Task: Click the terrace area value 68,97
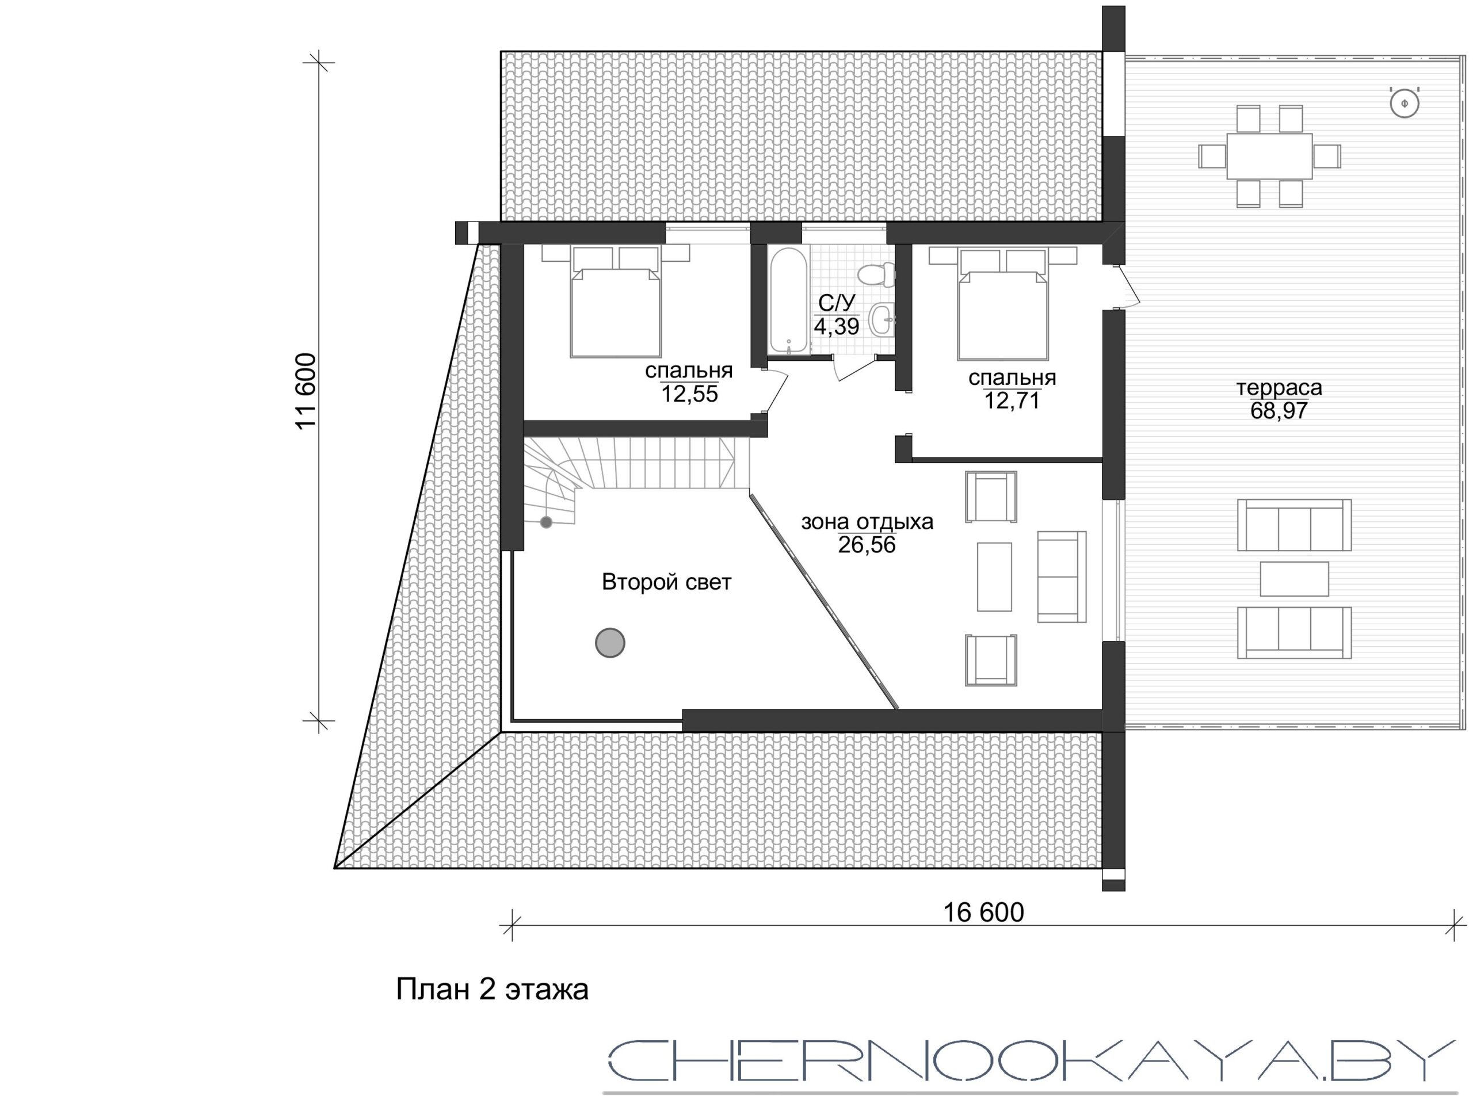coord(1279,411)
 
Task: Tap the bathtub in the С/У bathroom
coord(788,301)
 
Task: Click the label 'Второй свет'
coord(666,582)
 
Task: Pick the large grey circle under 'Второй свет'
coord(610,643)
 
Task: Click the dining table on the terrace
coord(1270,156)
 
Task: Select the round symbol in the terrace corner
coord(1405,103)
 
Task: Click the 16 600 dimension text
coord(983,913)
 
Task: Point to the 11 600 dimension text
coord(306,391)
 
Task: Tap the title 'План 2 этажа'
coord(492,990)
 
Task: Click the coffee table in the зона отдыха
coord(994,577)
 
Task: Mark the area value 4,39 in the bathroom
coord(837,326)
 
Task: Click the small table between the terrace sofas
coord(1295,579)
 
